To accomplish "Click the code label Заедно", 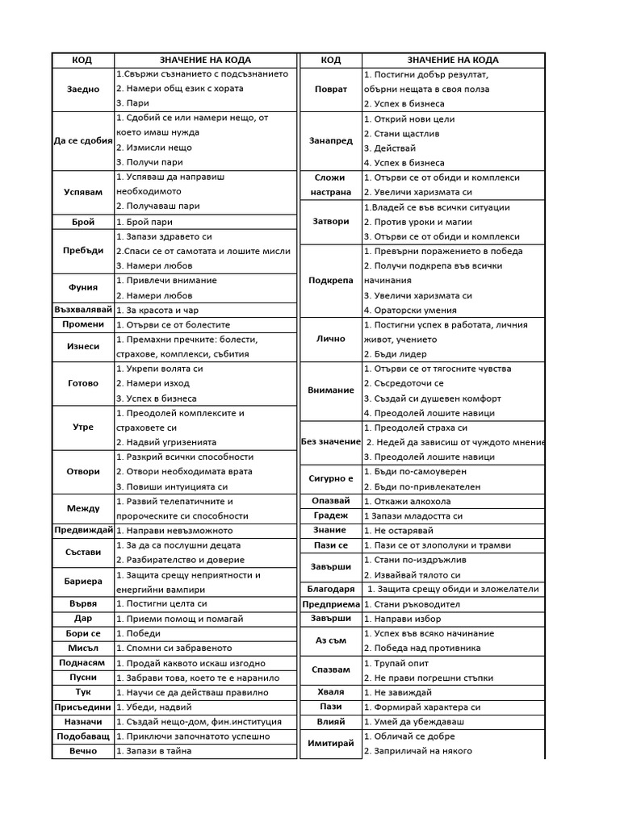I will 82,89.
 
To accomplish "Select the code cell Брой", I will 82,222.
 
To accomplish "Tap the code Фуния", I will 82,287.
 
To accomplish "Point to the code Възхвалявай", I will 82,310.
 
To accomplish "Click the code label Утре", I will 82,428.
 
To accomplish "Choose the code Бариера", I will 82,582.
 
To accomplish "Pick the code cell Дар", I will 82,619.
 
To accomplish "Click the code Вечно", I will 82,751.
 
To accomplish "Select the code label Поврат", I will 331,89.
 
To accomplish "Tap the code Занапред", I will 331,140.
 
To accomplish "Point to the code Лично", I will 331,339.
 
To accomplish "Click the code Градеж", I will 331,515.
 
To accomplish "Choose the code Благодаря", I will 331,589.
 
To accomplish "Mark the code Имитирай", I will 331,743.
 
